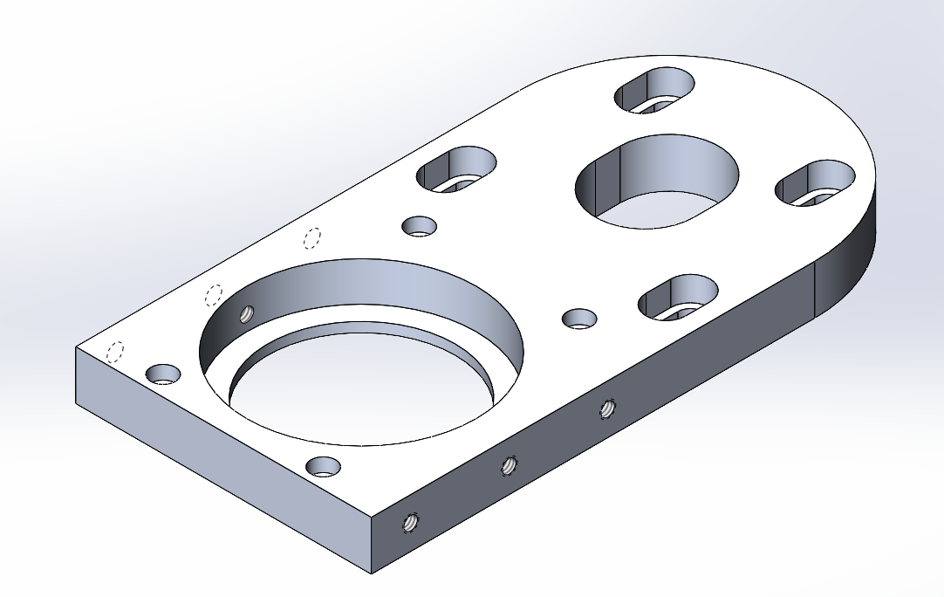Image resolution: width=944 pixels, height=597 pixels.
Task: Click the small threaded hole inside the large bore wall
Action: click(x=247, y=313)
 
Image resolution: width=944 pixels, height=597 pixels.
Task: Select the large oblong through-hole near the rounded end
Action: click(x=656, y=182)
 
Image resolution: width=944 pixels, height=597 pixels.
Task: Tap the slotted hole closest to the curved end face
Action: click(x=817, y=184)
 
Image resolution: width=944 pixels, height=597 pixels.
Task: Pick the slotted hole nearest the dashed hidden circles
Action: click(x=456, y=169)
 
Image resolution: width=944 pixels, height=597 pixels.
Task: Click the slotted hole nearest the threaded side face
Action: click(x=678, y=298)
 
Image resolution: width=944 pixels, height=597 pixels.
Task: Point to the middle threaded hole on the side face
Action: click(x=508, y=466)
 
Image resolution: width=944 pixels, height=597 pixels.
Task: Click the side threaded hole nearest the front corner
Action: click(x=408, y=523)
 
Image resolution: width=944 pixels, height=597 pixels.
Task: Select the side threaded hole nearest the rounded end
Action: click(x=606, y=408)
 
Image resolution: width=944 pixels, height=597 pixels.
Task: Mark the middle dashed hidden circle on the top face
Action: click(x=214, y=294)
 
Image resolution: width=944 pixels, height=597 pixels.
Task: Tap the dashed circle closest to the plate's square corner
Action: click(x=114, y=352)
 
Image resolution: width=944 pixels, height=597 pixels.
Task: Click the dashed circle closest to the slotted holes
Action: click(x=312, y=237)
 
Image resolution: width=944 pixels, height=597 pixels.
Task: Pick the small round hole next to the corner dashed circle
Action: click(x=162, y=374)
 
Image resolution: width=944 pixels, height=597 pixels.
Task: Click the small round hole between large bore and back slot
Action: click(x=420, y=226)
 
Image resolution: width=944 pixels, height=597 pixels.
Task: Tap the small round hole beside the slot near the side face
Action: click(x=579, y=318)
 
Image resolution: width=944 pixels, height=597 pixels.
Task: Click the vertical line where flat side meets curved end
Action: click(x=815, y=288)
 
